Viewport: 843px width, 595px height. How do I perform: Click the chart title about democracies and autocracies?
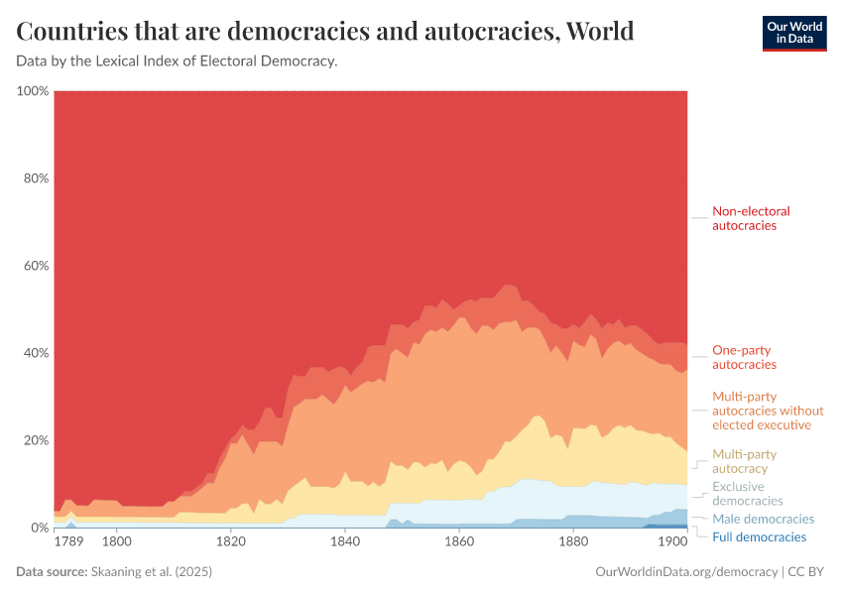point(325,32)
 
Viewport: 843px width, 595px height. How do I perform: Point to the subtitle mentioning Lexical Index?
point(178,61)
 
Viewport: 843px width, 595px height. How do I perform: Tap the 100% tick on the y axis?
point(33,91)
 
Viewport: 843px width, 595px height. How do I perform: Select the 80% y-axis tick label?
point(35,178)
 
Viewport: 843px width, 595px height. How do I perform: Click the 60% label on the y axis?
point(35,266)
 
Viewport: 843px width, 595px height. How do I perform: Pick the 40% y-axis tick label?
point(35,353)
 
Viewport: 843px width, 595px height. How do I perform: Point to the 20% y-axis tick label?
point(35,440)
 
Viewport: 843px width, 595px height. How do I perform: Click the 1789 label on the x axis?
point(69,542)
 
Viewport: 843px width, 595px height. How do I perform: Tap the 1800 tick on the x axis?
point(117,542)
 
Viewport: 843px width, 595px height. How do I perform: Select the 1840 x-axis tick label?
point(345,542)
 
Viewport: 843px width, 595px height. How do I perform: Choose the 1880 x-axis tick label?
point(573,542)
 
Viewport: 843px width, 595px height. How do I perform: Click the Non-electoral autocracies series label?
point(751,218)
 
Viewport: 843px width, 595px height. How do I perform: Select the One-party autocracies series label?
point(744,357)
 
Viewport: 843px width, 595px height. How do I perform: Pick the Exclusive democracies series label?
point(748,494)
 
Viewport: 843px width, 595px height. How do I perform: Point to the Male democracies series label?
point(763,519)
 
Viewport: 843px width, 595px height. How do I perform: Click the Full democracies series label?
point(759,536)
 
